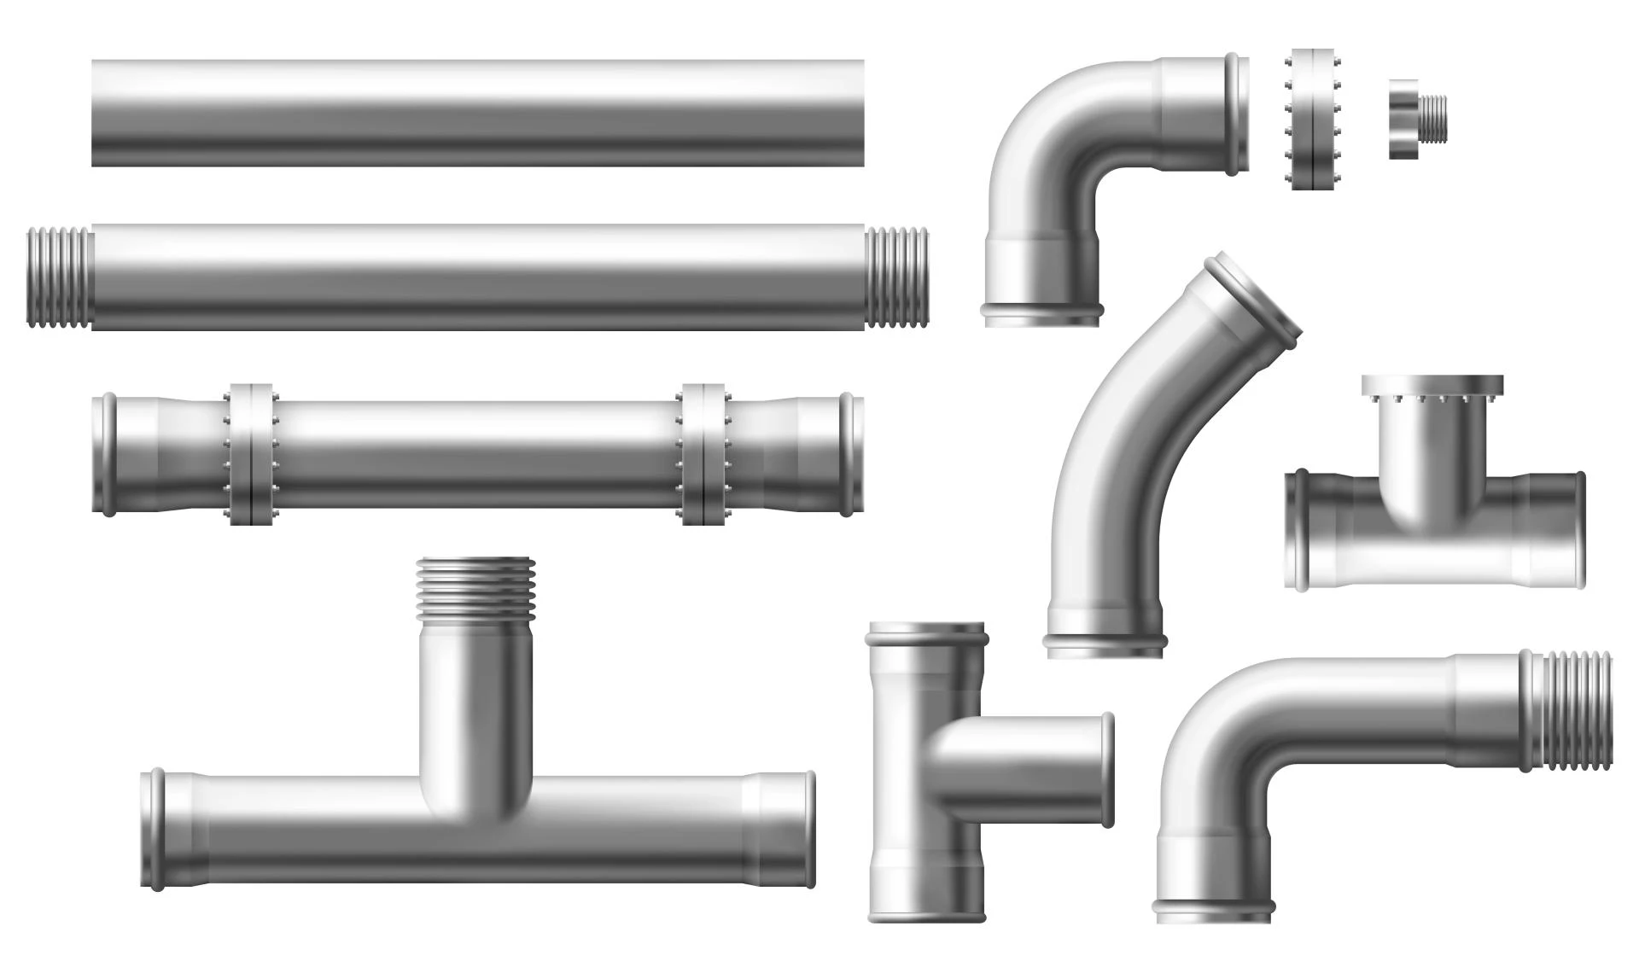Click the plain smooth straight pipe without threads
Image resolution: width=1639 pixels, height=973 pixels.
[478, 113]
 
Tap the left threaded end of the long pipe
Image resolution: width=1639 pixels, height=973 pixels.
[58, 277]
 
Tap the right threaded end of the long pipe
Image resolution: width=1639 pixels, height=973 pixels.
[896, 277]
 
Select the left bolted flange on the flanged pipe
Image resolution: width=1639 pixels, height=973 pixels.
[251, 454]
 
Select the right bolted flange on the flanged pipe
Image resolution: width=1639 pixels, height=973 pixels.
[704, 454]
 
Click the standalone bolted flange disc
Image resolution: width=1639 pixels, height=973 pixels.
[1312, 119]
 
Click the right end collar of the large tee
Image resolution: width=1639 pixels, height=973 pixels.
[807, 830]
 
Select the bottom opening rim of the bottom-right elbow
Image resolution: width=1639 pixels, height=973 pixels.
[1213, 910]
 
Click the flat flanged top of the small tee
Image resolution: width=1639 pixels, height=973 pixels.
[1432, 386]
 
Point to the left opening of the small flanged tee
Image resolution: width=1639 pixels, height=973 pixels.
[1298, 529]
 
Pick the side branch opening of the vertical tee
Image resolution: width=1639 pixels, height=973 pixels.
[1106, 770]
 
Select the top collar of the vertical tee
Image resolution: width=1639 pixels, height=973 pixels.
[927, 636]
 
